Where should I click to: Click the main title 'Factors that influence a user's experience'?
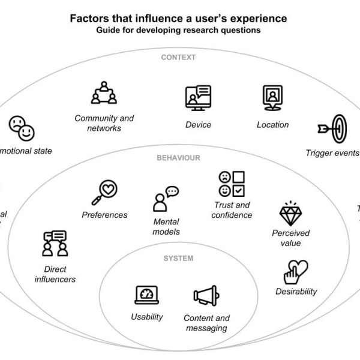click(178, 18)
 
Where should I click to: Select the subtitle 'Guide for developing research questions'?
click(178, 31)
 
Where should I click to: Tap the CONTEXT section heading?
click(178, 58)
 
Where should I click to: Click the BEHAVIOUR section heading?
click(178, 158)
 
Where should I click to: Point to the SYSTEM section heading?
click(178, 259)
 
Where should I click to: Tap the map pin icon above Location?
click(272, 98)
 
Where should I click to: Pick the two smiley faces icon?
click(21, 128)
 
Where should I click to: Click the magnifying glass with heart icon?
click(104, 193)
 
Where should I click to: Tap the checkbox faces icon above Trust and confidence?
click(231, 184)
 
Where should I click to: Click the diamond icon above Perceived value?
click(290, 213)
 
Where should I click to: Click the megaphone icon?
click(206, 296)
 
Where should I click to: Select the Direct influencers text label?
click(55, 274)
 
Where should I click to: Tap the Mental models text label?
click(166, 227)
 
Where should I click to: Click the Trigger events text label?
click(332, 152)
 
